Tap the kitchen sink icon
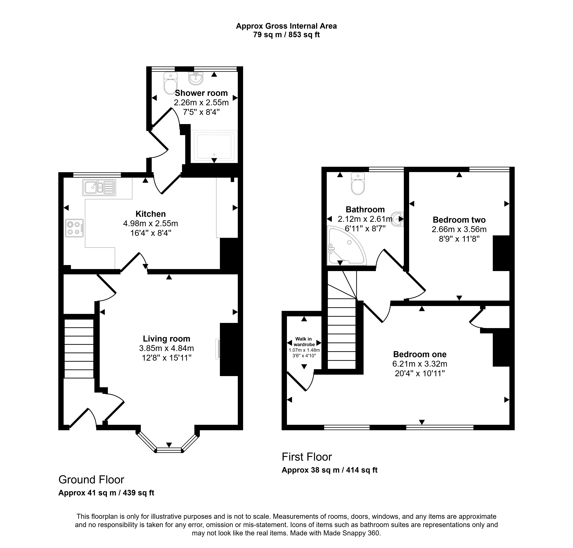tap(99, 187)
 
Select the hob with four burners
tap(74, 228)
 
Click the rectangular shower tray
tap(214, 146)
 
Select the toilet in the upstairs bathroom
tap(358, 183)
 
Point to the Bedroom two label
tap(459, 220)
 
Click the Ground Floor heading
tap(91, 480)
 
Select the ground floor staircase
tap(79, 349)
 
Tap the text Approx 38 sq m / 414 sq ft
tap(329, 470)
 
